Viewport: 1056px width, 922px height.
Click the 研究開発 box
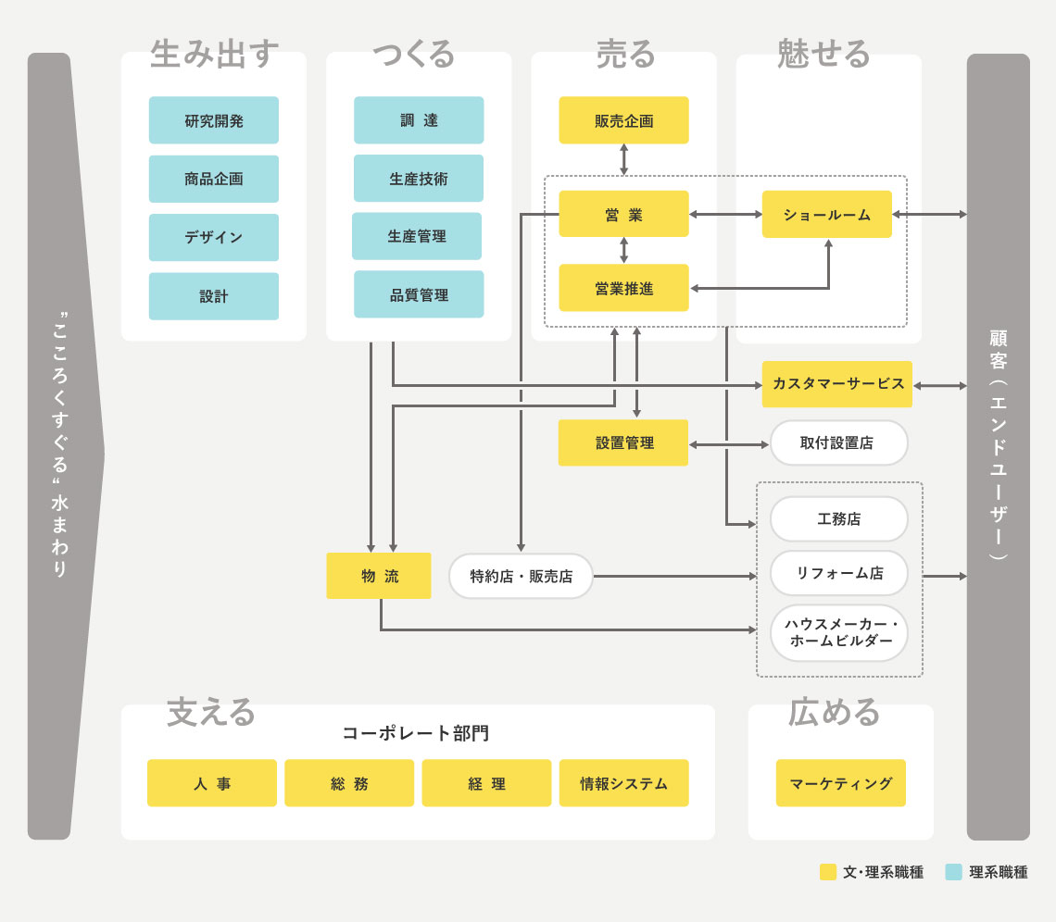tap(213, 120)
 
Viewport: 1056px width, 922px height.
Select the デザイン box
tap(213, 237)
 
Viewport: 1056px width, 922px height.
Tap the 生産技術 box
tap(418, 179)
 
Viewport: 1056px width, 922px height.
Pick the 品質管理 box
tap(418, 295)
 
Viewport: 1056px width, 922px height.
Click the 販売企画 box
tap(623, 120)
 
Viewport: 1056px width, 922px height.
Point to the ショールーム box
tap(826, 215)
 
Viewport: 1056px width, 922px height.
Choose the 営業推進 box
tap(623, 288)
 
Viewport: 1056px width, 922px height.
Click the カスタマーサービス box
tap(837, 384)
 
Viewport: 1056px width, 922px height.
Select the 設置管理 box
tap(623, 442)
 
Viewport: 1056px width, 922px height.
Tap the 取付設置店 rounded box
tap(838, 442)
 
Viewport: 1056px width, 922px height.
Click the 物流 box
tap(378, 576)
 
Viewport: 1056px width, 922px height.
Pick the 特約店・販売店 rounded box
tap(521, 576)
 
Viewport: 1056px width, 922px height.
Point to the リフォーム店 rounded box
tap(838, 573)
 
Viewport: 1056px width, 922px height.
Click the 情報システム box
tap(623, 783)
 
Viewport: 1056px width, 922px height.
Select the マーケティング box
tap(840, 783)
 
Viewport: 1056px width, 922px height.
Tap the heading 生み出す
tap(214, 55)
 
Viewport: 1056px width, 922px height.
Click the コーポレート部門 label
tap(416, 733)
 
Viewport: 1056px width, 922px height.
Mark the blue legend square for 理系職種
tap(953, 872)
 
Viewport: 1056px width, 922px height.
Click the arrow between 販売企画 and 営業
tap(623, 159)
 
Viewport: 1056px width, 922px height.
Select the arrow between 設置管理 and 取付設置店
tap(729, 444)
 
